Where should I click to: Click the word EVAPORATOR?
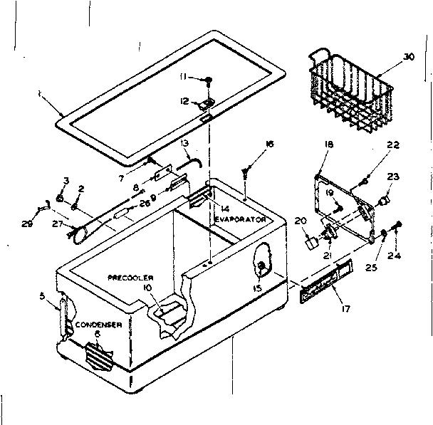(x=241, y=220)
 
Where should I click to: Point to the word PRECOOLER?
(x=131, y=276)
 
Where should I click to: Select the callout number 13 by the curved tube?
(x=184, y=145)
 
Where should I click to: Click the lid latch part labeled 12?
(x=207, y=103)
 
